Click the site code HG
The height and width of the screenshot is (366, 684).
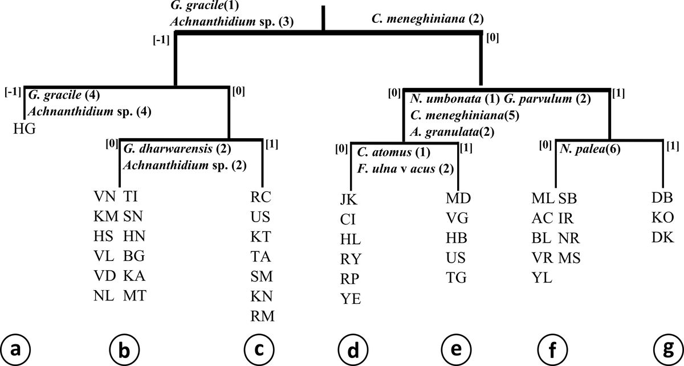(x=25, y=129)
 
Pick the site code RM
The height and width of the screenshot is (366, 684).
(x=262, y=316)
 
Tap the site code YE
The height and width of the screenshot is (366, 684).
(x=351, y=297)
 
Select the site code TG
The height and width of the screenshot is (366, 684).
(x=457, y=278)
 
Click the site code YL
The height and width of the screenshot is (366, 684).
(x=541, y=278)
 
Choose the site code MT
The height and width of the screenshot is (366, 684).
(x=133, y=296)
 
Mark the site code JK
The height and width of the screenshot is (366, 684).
(x=351, y=199)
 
